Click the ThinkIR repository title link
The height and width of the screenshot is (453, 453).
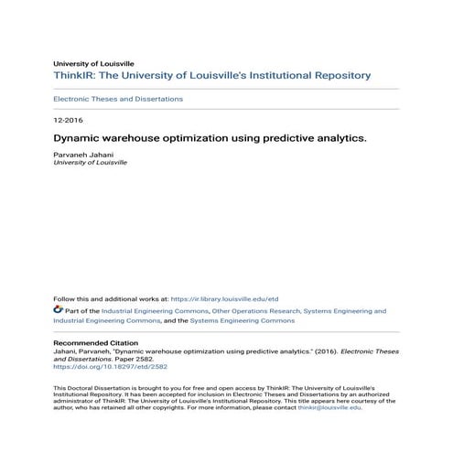[211, 75]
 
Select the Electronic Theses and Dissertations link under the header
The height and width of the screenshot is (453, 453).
[118, 99]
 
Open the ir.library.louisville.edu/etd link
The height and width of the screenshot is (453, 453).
[224, 298]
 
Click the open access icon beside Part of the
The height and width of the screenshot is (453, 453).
[58, 311]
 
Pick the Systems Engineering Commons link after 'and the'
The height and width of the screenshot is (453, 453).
[243, 321]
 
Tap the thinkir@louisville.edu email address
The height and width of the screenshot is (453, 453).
[329, 408]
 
